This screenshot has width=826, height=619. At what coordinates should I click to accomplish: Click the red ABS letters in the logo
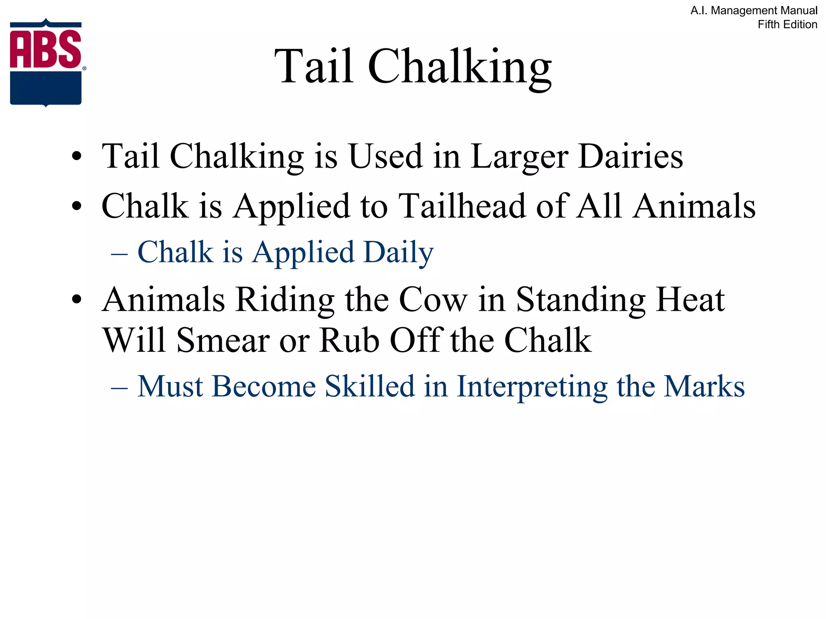[45, 49]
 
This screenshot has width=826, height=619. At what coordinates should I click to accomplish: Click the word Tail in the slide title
[314, 66]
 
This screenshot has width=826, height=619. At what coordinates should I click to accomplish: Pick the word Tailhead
[462, 206]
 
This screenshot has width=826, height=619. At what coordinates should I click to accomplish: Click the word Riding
[285, 300]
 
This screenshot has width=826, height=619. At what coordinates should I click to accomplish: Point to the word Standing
[581, 300]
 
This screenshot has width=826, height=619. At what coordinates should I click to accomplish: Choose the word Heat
[690, 300]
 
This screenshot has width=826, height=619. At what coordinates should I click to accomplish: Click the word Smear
[223, 341]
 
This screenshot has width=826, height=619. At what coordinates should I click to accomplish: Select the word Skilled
[370, 386]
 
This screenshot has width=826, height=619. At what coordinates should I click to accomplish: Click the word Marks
[704, 386]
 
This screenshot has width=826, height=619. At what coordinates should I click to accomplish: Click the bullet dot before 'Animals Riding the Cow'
[77, 300]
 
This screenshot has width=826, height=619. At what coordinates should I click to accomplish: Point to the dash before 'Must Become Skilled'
[119, 388]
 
